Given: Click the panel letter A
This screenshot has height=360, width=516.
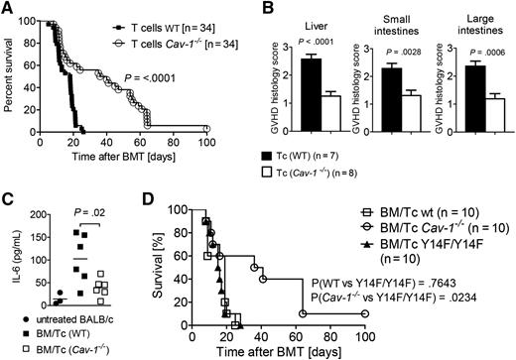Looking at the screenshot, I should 8,9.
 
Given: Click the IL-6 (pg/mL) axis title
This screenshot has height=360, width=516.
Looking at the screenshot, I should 12,256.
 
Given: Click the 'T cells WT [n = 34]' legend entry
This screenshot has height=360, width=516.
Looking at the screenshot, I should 184,13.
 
